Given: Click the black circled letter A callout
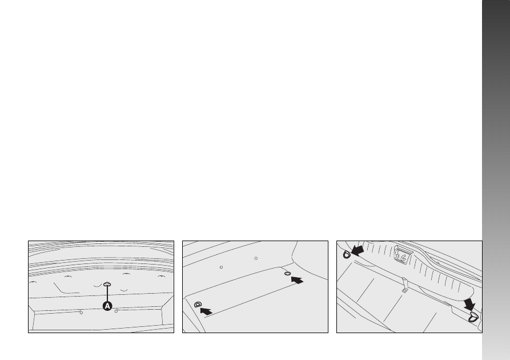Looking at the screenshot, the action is pyautogui.click(x=107, y=306).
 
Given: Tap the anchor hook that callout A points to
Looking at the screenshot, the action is pyautogui.click(x=107, y=285).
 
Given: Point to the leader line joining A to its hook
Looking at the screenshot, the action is pyautogui.click(x=107, y=294).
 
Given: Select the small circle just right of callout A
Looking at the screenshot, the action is pyautogui.click(x=116, y=311).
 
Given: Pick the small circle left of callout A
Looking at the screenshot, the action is pyautogui.click(x=81, y=313).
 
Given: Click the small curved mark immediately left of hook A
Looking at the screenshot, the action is pyautogui.click(x=98, y=286).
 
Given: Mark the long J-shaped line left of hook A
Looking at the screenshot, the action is pyautogui.click(x=65, y=289).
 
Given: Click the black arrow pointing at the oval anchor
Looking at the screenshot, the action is pyautogui.click(x=297, y=280).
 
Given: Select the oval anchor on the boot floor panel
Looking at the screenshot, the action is pyautogui.click(x=287, y=273).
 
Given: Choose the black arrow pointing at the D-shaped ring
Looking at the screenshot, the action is pyautogui.click(x=206, y=311).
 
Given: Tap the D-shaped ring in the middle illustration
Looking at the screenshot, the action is pyautogui.click(x=198, y=305).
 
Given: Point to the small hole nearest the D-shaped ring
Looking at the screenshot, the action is pyautogui.click(x=221, y=267).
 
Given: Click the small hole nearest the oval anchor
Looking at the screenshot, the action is pyautogui.click(x=256, y=258).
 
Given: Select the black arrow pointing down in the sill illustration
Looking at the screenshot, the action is pyautogui.click(x=469, y=304).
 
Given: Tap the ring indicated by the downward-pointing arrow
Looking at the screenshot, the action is pyautogui.click(x=473, y=317).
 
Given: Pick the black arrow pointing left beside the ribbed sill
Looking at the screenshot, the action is pyautogui.click(x=358, y=250).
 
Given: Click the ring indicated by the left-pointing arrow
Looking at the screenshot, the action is pyautogui.click(x=347, y=254).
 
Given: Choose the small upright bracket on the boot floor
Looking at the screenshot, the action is pyautogui.click(x=404, y=285).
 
